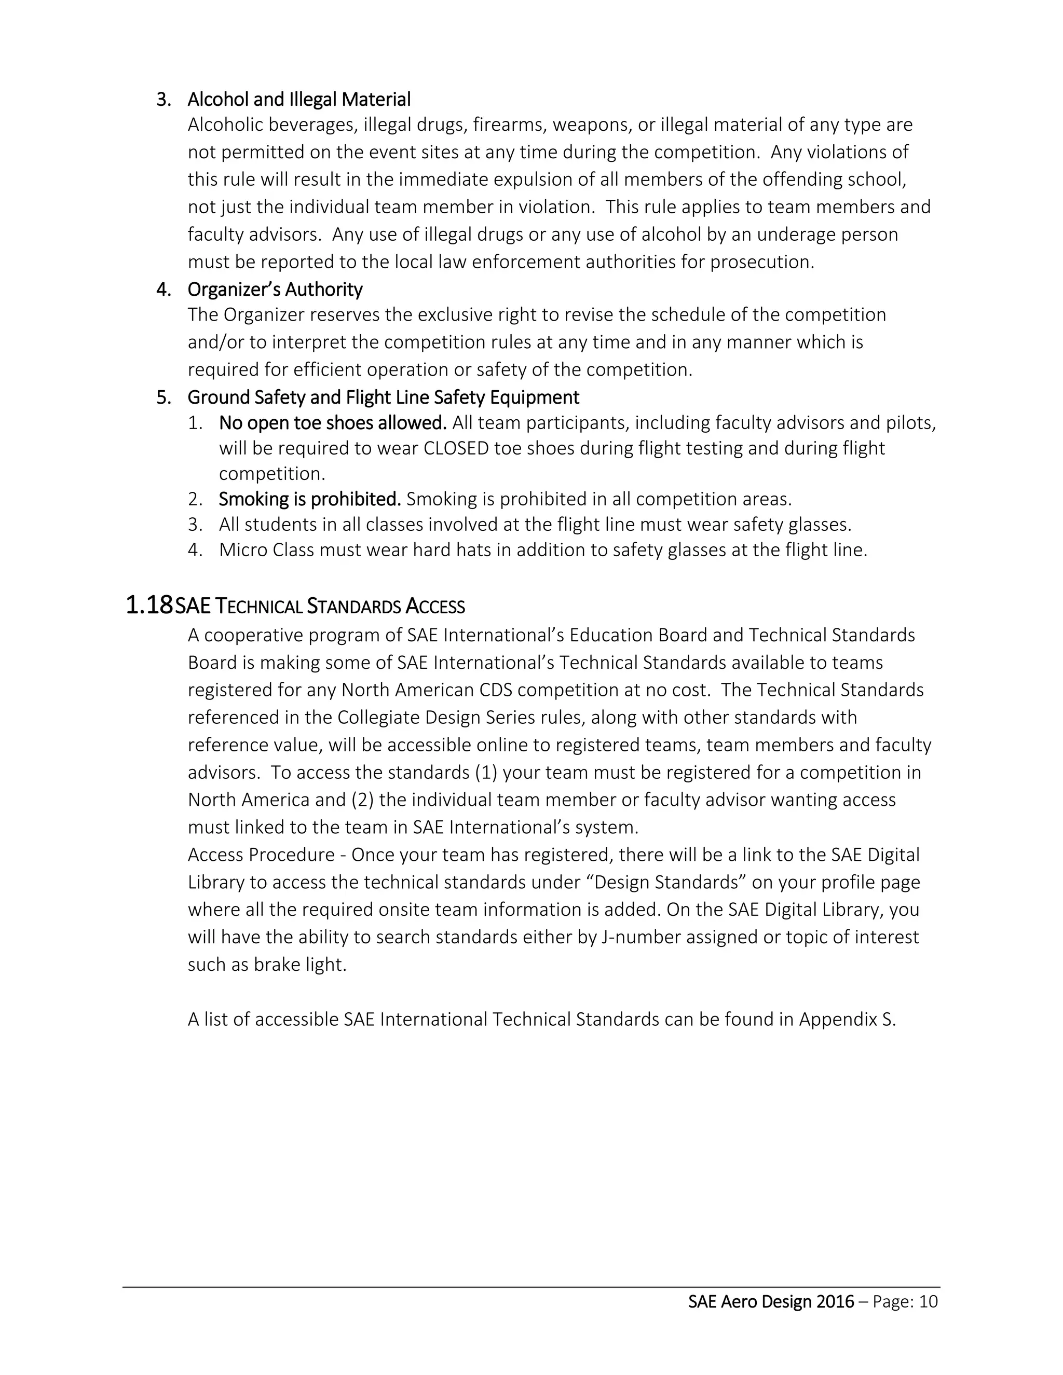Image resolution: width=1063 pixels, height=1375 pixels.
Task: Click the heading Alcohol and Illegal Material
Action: coord(298,100)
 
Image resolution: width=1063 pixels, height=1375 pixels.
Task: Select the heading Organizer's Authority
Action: coord(275,290)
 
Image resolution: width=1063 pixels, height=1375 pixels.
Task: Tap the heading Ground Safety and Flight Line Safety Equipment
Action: coord(383,398)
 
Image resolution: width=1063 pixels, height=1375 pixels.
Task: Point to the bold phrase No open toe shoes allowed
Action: coord(333,423)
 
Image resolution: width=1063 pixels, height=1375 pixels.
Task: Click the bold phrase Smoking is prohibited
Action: coord(309,499)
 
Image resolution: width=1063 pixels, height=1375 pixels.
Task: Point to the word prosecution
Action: coord(761,262)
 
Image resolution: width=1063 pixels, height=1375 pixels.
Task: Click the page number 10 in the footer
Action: coord(928,1302)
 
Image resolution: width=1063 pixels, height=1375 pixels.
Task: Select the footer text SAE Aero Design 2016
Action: coord(771,1302)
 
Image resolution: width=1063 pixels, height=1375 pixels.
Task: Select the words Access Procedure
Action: coord(261,855)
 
